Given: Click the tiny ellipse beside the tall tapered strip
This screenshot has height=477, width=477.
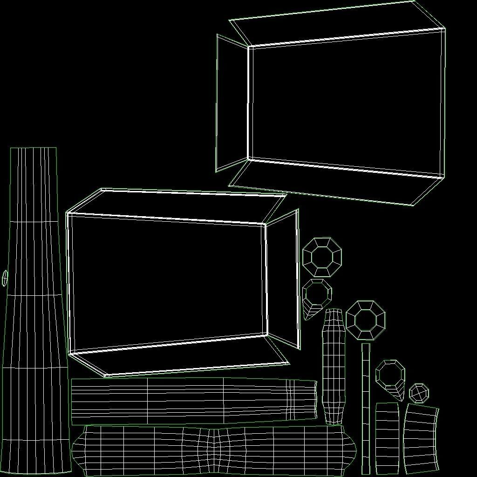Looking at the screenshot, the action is (x=5, y=278).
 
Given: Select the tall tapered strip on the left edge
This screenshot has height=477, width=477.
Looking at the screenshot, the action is (x=34, y=307).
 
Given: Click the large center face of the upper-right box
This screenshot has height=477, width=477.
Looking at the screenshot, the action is (x=345, y=102).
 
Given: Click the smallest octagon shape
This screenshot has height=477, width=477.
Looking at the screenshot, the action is (x=419, y=393).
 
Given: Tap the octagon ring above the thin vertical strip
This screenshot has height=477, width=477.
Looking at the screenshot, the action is (x=366, y=320).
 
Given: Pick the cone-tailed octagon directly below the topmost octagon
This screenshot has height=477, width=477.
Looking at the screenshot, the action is (x=316, y=296).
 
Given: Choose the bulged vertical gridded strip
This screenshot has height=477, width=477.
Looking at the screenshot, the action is (x=334, y=366).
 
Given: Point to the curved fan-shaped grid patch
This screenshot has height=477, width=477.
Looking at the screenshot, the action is (x=421, y=438).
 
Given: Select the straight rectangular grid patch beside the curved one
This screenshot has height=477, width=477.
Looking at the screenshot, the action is (x=387, y=438).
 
